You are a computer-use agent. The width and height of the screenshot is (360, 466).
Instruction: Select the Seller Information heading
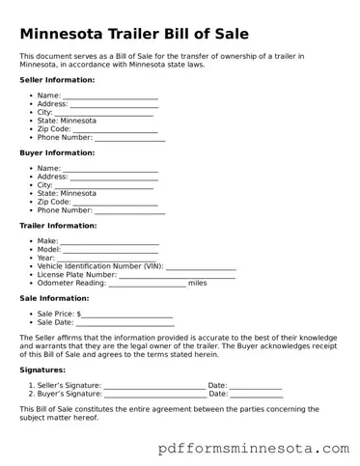[x=57, y=79]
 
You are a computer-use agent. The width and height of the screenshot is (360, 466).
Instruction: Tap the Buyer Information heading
[x=57, y=152]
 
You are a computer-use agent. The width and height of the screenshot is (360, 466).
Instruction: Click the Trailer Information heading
[x=58, y=226]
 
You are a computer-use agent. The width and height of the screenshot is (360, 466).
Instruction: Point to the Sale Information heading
[x=55, y=299]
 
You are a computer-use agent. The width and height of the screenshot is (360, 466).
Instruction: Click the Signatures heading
[x=42, y=370]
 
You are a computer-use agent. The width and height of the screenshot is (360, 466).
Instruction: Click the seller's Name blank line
[x=110, y=96]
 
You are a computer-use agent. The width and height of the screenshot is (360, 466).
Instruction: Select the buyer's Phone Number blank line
[x=129, y=210]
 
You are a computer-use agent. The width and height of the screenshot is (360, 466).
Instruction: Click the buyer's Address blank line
[x=114, y=178]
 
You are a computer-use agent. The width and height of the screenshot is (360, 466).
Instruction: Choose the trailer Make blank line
[x=109, y=241]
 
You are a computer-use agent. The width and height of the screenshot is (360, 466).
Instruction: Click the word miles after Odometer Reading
[x=198, y=283]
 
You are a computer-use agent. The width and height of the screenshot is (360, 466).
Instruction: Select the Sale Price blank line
[x=127, y=315]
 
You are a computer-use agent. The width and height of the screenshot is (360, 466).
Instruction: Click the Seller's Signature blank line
[x=154, y=386]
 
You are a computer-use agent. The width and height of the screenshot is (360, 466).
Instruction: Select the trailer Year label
[x=46, y=258]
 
